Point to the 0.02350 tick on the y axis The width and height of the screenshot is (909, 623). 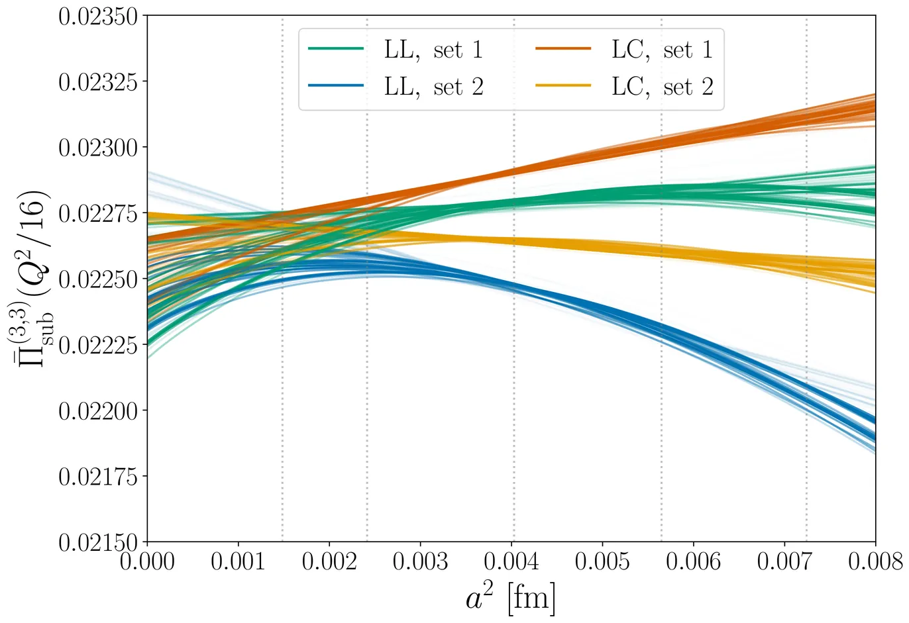[100, 16]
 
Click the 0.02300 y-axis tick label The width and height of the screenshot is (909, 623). [100, 148]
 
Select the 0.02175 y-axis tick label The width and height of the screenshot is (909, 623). [100, 477]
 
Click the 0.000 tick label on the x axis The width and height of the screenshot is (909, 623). [147, 562]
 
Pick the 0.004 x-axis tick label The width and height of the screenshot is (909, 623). [511, 562]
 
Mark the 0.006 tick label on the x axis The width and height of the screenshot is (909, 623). [693, 562]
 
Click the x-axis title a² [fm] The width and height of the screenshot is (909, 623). [510, 599]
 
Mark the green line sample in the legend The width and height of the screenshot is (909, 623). [336, 49]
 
